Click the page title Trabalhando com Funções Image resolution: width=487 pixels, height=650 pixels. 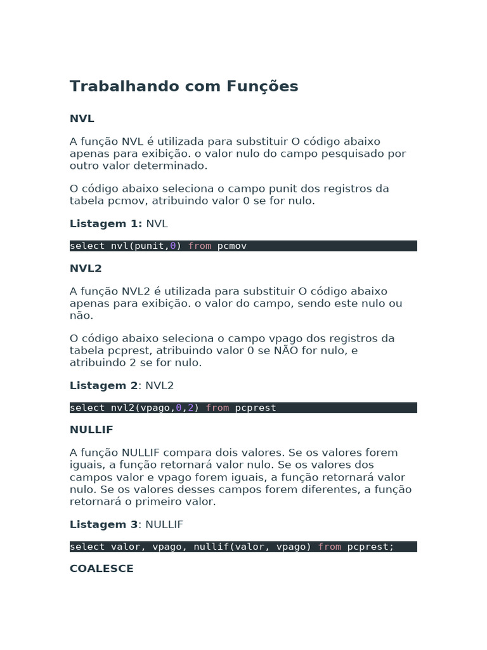click(x=184, y=86)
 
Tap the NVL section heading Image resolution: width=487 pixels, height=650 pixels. click(x=82, y=119)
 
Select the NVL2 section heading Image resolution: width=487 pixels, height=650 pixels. click(x=86, y=269)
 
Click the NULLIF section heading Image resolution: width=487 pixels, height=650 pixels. click(x=91, y=430)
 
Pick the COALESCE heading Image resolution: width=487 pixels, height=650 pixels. click(x=101, y=569)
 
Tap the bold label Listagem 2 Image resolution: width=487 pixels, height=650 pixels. click(x=103, y=385)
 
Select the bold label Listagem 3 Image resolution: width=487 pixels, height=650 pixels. click(x=103, y=524)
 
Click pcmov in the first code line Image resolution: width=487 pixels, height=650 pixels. click(x=232, y=246)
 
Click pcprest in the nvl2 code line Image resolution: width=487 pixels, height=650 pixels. click(x=256, y=408)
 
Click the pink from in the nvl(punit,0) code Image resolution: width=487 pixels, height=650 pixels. click(x=200, y=246)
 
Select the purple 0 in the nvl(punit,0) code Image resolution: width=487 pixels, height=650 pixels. click(x=173, y=246)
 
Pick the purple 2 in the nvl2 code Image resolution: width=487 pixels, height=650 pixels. click(x=190, y=408)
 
